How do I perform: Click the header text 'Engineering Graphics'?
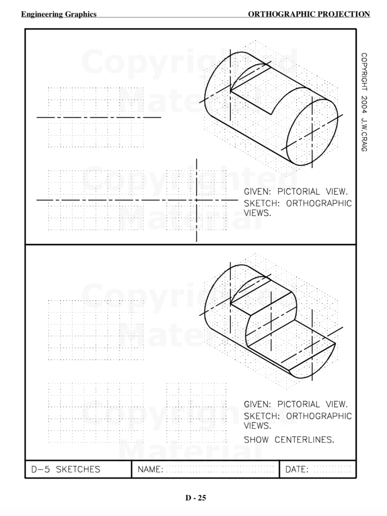[58, 14]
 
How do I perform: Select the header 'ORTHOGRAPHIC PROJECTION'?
[309, 14]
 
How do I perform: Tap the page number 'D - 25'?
[196, 498]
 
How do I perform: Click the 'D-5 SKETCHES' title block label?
[66, 469]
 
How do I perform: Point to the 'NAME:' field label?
[150, 470]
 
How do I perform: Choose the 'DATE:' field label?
[297, 470]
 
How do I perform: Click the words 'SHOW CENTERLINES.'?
[289, 439]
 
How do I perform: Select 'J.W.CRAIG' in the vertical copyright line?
[364, 135]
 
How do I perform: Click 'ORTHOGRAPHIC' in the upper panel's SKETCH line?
[319, 204]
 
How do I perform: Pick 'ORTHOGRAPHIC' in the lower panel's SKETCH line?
[319, 416]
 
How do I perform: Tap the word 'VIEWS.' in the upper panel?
[257, 213]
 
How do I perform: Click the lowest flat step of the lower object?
[297, 353]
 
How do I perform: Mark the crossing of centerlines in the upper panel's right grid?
[197, 200]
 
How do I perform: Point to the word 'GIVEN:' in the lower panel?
[258, 404]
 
